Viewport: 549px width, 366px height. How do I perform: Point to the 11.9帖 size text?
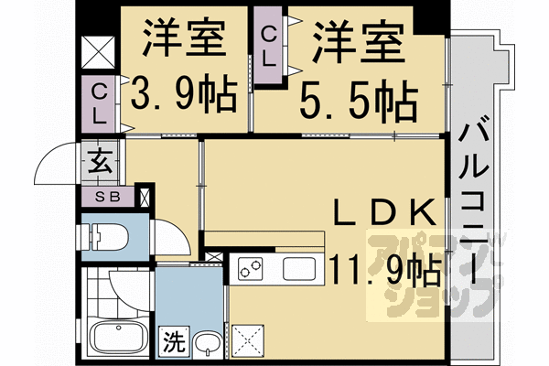tap(384, 271)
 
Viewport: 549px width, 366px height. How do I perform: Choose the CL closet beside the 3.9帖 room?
tap(100, 103)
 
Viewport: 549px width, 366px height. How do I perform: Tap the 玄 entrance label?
tap(99, 167)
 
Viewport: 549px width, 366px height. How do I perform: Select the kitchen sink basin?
tap(299, 269)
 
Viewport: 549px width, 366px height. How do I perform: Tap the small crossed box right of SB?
tap(143, 196)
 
